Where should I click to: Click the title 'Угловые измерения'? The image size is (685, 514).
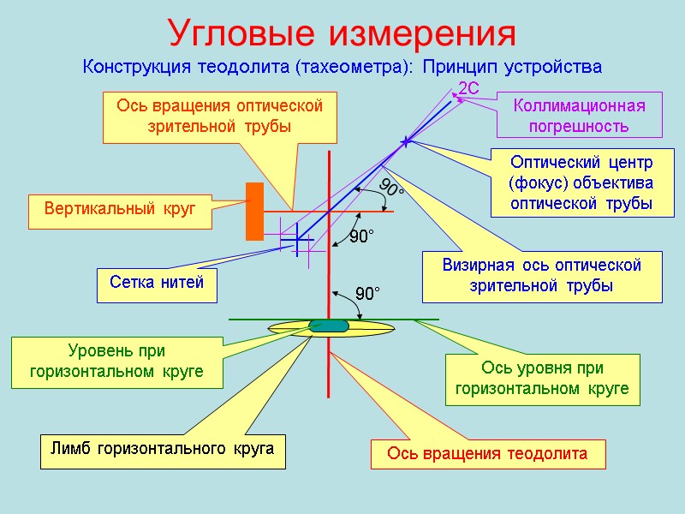pos(342,33)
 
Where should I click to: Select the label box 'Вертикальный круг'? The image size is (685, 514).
pos(120,210)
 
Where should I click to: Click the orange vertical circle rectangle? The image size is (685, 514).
pos(254,211)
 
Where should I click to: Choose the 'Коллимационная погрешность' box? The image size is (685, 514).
pos(580,115)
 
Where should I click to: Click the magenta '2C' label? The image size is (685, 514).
pos(469,89)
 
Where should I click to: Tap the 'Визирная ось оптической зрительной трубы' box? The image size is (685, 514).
pos(541,276)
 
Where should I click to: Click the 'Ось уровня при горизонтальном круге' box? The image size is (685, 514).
pos(542,379)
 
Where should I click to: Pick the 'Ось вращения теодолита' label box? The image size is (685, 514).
pos(487,454)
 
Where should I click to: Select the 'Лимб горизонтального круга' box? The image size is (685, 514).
pos(163,451)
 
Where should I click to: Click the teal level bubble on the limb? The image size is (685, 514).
pos(329,326)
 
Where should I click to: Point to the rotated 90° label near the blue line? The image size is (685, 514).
pos(392,190)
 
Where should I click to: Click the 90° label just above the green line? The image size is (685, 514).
pos(366,294)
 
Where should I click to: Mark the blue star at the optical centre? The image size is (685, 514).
pos(405,140)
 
